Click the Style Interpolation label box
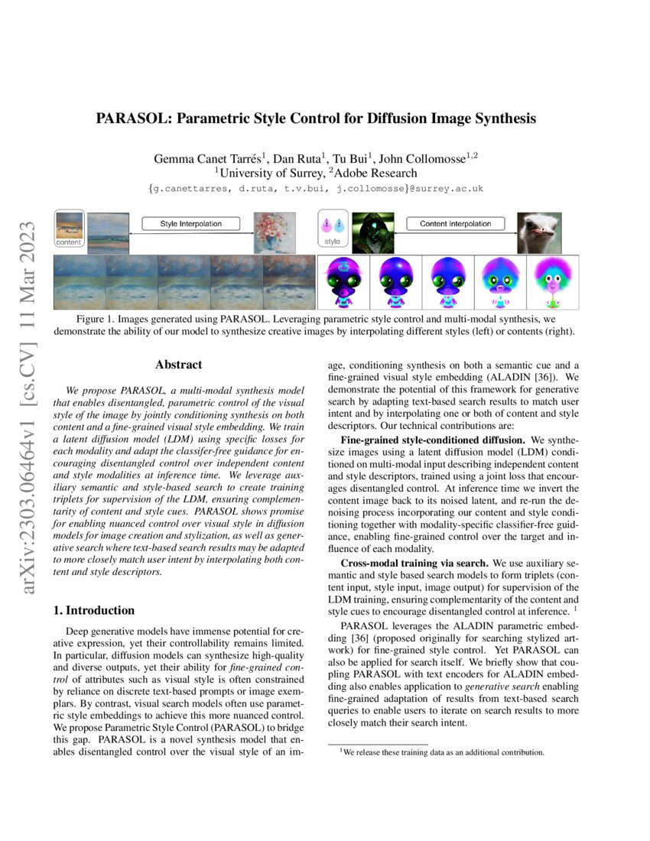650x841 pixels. tap(190, 223)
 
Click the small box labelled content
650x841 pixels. tap(70, 228)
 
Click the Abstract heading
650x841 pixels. tap(178, 365)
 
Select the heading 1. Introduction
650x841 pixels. tap(93, 611)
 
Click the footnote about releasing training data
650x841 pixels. tap(442, 752)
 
